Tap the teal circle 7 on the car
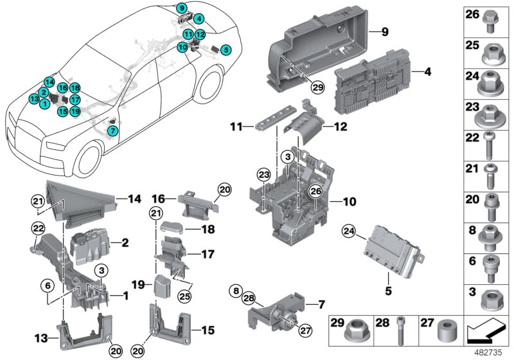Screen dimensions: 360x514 click(113, 130)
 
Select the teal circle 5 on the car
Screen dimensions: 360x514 click(225, 49)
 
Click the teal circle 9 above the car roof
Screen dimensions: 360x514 click(182, 8)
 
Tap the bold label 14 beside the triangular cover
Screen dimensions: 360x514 click(134, 199)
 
